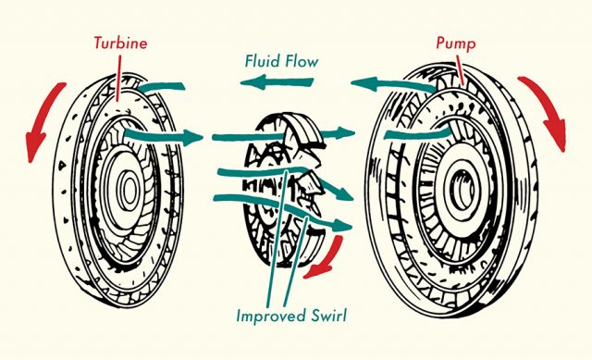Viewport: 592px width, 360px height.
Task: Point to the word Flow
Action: [301, 61]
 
